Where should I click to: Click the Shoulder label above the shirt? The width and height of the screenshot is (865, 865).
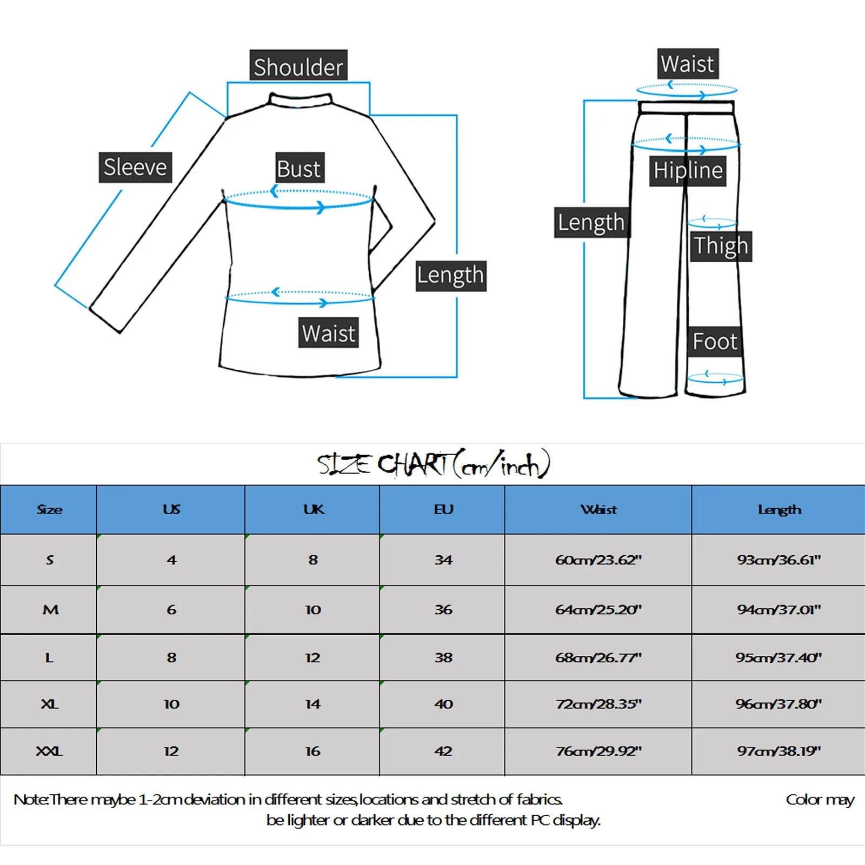[x=298, y=66]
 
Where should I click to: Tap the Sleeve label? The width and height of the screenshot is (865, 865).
[x=135, y=167]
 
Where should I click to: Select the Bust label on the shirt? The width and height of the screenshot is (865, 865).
[x=300, y=168]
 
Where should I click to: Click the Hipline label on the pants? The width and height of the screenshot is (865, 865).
[x=688, y=170]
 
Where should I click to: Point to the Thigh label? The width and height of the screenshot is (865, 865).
[x=721, y=246]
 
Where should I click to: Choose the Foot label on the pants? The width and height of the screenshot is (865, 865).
[x=715, y=342]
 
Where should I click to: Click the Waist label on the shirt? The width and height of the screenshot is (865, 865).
[x=329, y=332]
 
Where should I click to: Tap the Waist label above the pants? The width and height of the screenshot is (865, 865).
[x=688, y=64]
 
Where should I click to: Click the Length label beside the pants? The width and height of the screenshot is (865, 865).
[x=591, y=222]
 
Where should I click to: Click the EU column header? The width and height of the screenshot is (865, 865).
[x=443, y=509]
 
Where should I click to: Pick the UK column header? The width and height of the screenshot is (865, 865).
[x=313, y=509]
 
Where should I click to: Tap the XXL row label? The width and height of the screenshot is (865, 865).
[x=49, y=751]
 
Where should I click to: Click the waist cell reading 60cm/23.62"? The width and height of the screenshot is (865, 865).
[x=598, y=560]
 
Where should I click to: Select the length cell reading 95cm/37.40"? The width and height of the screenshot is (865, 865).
[x=778, y=657]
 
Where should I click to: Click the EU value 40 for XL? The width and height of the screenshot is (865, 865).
[x=443, y=704]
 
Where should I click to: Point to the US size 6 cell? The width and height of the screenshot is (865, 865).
[x=171, y=609]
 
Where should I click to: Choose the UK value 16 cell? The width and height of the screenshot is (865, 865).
[x=313, y=751]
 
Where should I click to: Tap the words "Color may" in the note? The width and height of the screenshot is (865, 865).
[x=820, y=800]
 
